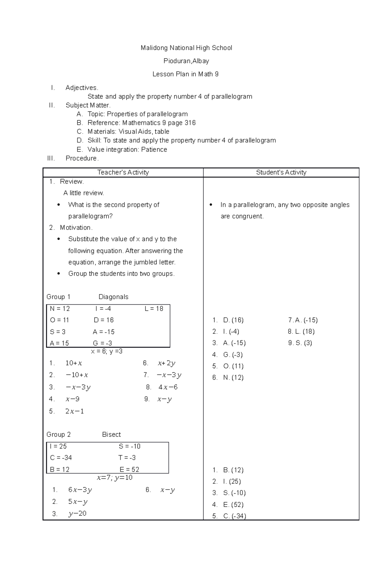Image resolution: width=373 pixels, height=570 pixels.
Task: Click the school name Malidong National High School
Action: pyautogui.click(x=186, y=48)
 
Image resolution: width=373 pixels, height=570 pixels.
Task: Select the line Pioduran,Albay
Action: pyautogui.click(x=186, y=61)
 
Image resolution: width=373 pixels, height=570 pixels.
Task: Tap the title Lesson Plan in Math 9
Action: pyautogui.click(x=186, y=74)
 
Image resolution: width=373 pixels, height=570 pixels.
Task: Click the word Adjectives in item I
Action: pyautogui.click(x=81, y=88)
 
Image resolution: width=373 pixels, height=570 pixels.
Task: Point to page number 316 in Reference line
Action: pyautogui.click(x=190, y=123)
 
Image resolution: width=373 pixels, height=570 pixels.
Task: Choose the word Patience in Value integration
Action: pyautogui.click(x=154, y=149)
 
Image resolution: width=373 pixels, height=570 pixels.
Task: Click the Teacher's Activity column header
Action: pyautogui.click(x=123, y=172)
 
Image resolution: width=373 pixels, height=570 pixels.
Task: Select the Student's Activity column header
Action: pyautogui.click(x=281, y=172)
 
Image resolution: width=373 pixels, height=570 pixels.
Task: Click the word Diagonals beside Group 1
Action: pyautogui.click(x=113, y=297)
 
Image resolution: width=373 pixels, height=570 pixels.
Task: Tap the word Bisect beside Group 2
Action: pyautogui.click(x=111, y=435)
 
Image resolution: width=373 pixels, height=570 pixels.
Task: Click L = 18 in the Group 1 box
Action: pyautogui.click(x=154, y=309)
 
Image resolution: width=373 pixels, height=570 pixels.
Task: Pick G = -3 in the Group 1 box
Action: pyautogui.click(x=103, y=343)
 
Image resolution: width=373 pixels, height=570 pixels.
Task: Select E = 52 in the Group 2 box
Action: pyautogui.click(x=129, y=469)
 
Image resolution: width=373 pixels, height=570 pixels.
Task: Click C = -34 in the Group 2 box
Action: pyautogui.click(x=61, y=458)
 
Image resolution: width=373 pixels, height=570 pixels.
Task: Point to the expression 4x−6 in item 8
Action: pyautogui.click(x=168, y=387)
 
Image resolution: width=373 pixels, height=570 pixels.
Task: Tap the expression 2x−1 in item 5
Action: pyautogui.click(x=75, y=412)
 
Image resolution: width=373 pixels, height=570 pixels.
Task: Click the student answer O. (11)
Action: pyautogui.click(x=233, y=366)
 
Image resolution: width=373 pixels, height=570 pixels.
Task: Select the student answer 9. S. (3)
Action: pyautogui.click(x=300, y=343)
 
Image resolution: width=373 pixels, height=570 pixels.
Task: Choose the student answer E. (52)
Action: pyautogui.click(x=233, y=504)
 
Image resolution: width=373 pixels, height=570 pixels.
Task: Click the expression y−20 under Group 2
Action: pyautogui.click(x=77, y=513)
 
